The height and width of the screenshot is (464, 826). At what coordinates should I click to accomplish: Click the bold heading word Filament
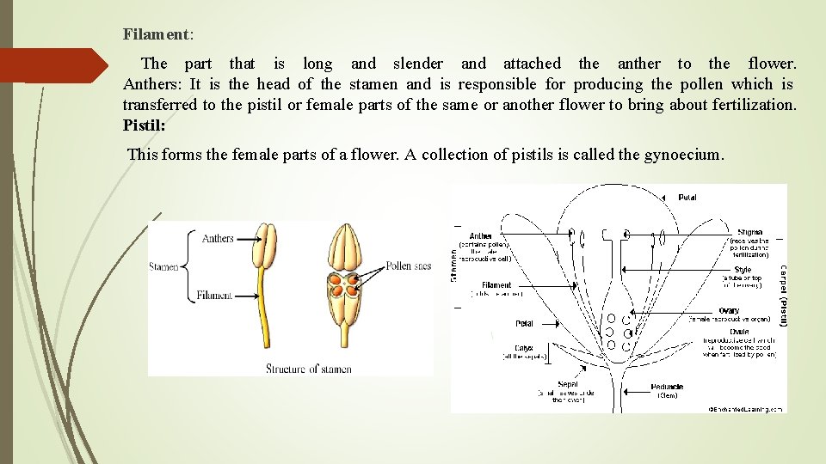[156, 34]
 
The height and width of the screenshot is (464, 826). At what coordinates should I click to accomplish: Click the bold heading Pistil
[143, 125]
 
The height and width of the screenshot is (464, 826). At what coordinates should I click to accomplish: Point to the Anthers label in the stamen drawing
[218, 237]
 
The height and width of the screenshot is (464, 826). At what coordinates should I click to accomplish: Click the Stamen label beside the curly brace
[163, 266]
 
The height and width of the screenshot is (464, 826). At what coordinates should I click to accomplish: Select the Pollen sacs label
[409, 266]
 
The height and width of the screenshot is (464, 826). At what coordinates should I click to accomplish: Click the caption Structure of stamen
[308, 369]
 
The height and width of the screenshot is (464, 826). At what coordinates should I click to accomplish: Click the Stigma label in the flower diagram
[749, 232]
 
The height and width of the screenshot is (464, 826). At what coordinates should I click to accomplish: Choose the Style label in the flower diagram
[742, 270]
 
